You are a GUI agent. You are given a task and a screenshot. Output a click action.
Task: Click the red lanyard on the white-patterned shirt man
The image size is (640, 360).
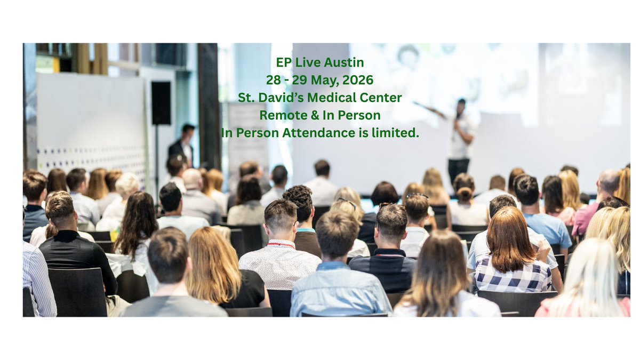coord(281,246)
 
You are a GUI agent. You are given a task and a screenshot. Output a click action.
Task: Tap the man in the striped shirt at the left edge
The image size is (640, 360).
coord(37,283)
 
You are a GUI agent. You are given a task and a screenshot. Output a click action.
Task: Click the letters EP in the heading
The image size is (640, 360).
coord(284,62)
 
